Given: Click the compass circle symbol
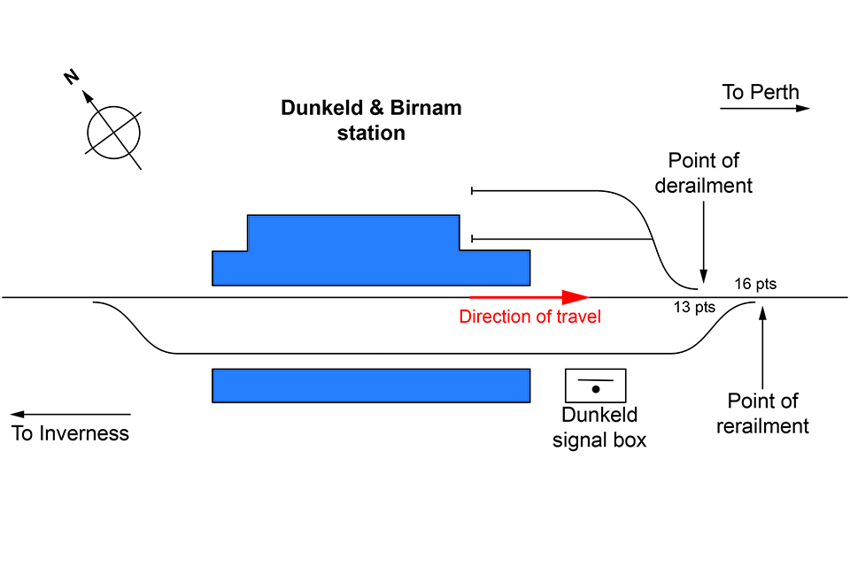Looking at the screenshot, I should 113,134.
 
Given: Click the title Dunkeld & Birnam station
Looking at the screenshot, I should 371,120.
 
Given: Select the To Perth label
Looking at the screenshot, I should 760,92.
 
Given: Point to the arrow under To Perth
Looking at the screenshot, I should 765,109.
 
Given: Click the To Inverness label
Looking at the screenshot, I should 70,433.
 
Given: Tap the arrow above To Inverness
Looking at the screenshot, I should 71,414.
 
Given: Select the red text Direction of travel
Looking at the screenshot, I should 529,317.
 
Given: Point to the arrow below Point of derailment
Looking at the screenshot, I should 704,239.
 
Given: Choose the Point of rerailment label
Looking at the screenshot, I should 762,414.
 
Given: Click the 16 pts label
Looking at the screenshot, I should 755,284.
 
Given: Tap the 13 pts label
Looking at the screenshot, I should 695,308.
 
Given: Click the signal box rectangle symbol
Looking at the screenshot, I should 596,386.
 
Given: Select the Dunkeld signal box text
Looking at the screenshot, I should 599,428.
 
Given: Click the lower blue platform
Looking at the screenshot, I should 371,386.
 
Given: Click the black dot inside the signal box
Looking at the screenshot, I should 596,389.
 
